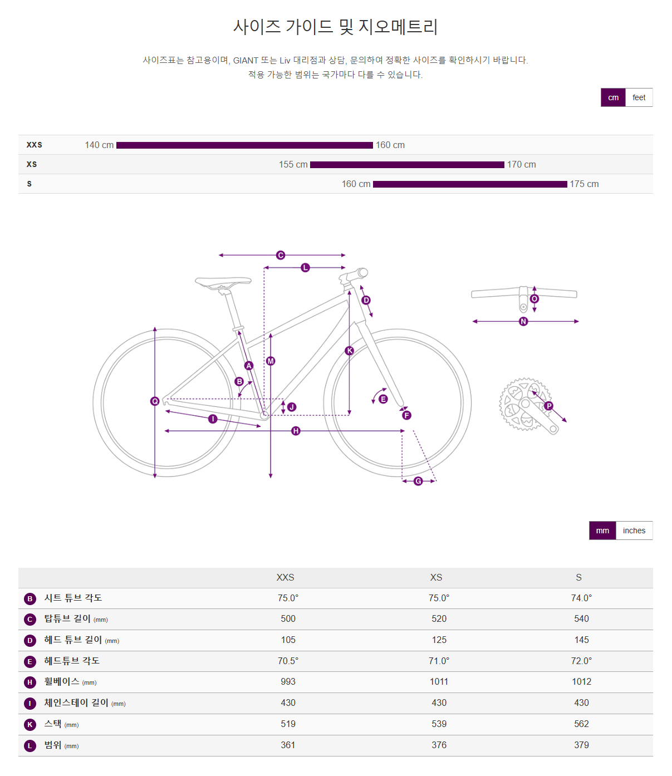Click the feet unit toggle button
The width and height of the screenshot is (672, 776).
click(639, 97)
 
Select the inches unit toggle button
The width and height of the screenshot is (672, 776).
click(634, 531)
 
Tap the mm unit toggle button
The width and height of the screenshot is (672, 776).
click(602, 531)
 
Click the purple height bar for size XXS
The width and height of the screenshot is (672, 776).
click(244, 145)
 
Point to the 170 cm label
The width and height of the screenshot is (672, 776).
click(521, 165)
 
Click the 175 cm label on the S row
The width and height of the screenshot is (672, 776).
click(584, 184)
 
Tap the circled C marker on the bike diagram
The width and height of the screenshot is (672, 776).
click(281, 255)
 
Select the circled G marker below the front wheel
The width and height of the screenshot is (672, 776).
click(418, 481)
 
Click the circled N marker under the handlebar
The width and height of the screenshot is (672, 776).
click(523, 321)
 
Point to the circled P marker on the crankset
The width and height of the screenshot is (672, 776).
click(549, 406)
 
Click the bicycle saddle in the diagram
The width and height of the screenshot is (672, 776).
click(223, 282)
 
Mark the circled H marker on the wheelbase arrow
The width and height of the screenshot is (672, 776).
click(296, 431)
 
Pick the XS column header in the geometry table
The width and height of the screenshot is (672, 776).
click(436, 577)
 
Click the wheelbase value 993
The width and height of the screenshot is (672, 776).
click(288, 681)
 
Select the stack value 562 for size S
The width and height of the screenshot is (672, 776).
click(581, 724)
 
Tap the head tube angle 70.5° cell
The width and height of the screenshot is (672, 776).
click(288, 661)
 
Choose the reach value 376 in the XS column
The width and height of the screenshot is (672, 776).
click(439, 745)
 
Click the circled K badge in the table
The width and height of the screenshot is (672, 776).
click(30, 724)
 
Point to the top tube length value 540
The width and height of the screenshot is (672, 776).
click(581, 618)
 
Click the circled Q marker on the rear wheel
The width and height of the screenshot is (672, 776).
click(155, 401)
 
